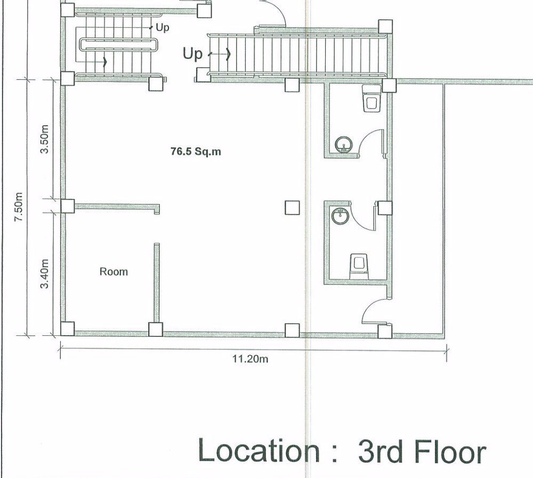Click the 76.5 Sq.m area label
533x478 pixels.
pyautogui.click(x=195, y=152)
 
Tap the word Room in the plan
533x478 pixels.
pyautogui.click(x=114, y=272)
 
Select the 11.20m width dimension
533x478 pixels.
pyautogui.click(x=250, y=359)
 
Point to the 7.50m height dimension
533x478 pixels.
pyautogui.click(x=19, y=208)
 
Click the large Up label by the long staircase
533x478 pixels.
pyautogui.click(x=193, y=54)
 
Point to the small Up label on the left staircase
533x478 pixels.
pyautogui.click(x=162, y=26)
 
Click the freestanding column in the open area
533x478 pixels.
pyautogui.click(x=292, y=207)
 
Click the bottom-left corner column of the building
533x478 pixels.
pyautogui.click(x=67, y=329)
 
